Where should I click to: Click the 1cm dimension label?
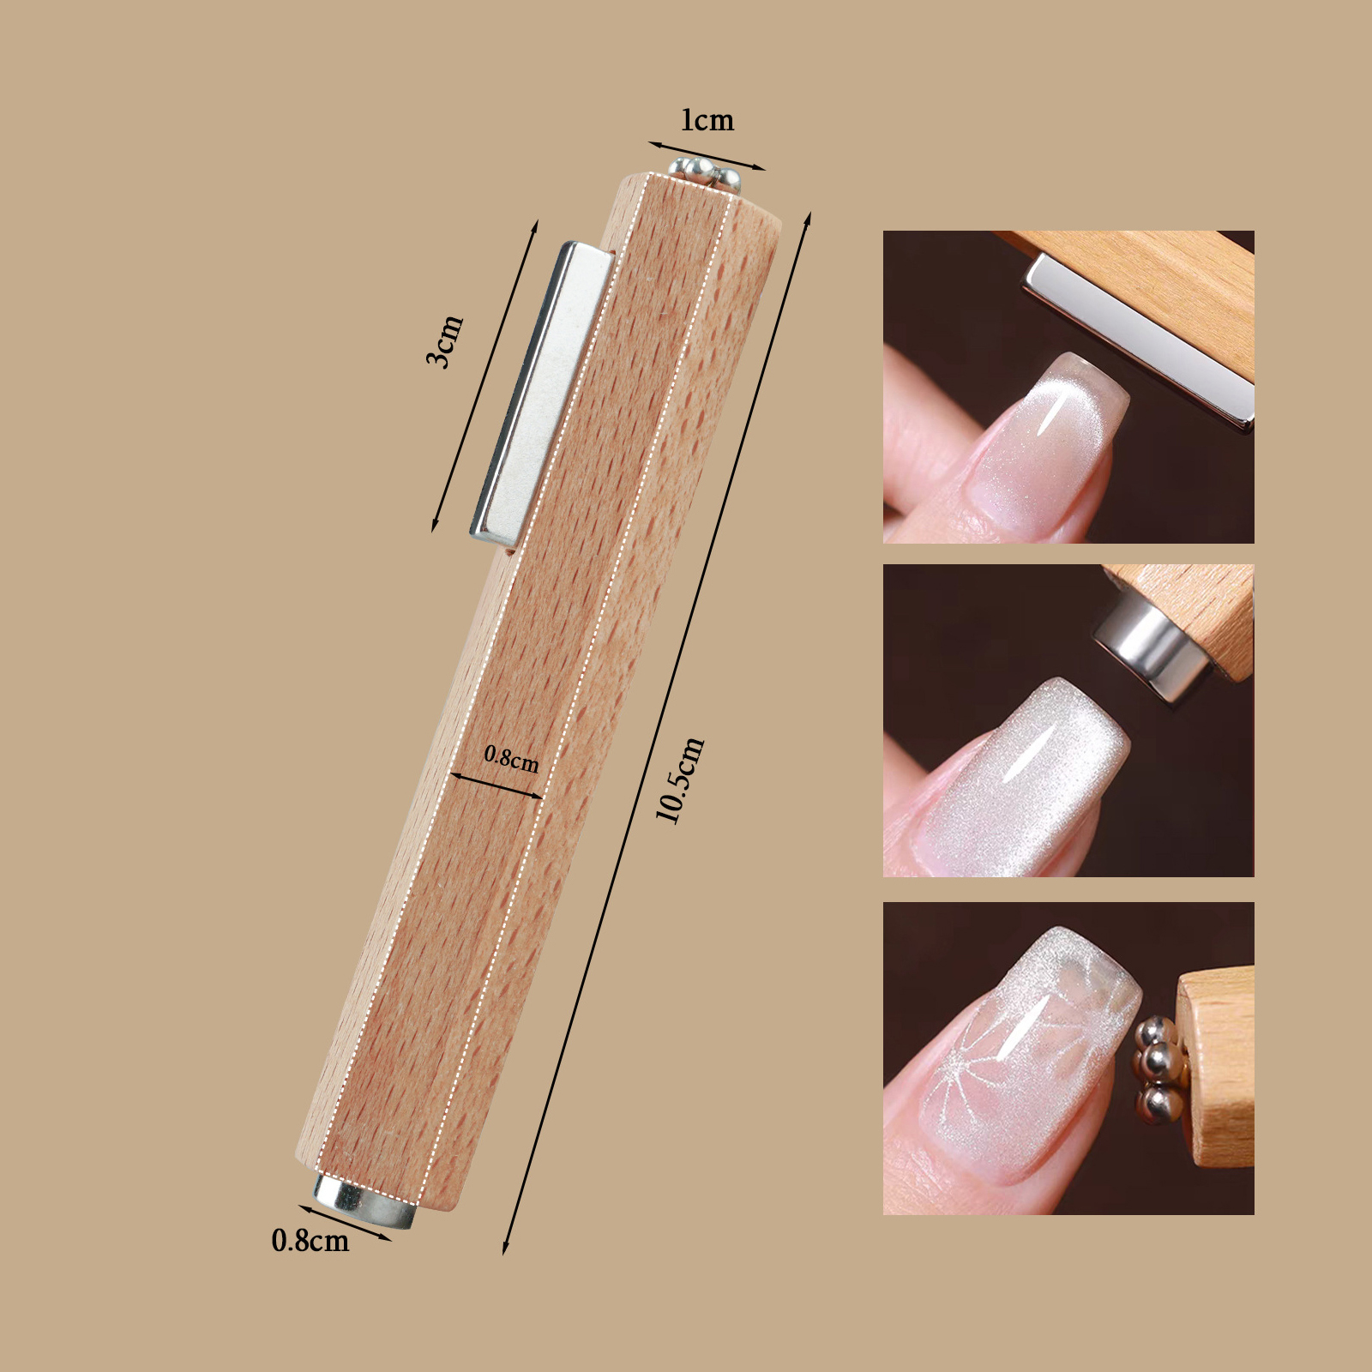707,120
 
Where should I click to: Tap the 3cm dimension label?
445,341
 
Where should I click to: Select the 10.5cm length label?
680,779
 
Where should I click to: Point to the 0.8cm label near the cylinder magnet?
310,1241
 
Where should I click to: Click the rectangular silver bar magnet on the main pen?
542,394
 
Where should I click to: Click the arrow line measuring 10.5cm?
657,734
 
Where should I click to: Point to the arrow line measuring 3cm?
484,376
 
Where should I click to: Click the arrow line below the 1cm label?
707,156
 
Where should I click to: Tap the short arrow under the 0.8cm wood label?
496,785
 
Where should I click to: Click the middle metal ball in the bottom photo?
1158,1062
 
